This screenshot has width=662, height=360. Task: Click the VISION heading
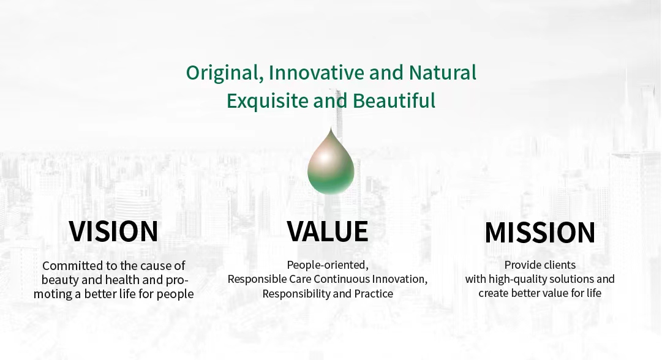[113, 231]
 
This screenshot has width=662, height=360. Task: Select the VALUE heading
[328, 231]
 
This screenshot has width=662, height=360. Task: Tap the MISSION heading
[540, 233]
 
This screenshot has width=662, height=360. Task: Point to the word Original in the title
[222, 73]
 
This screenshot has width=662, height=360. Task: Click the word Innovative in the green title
[316, 72]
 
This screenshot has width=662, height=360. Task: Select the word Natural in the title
[443, 72]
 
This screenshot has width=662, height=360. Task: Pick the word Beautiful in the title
[394, 100]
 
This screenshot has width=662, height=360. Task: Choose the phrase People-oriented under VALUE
[328, 265]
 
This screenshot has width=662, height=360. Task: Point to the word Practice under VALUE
[374, 293]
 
